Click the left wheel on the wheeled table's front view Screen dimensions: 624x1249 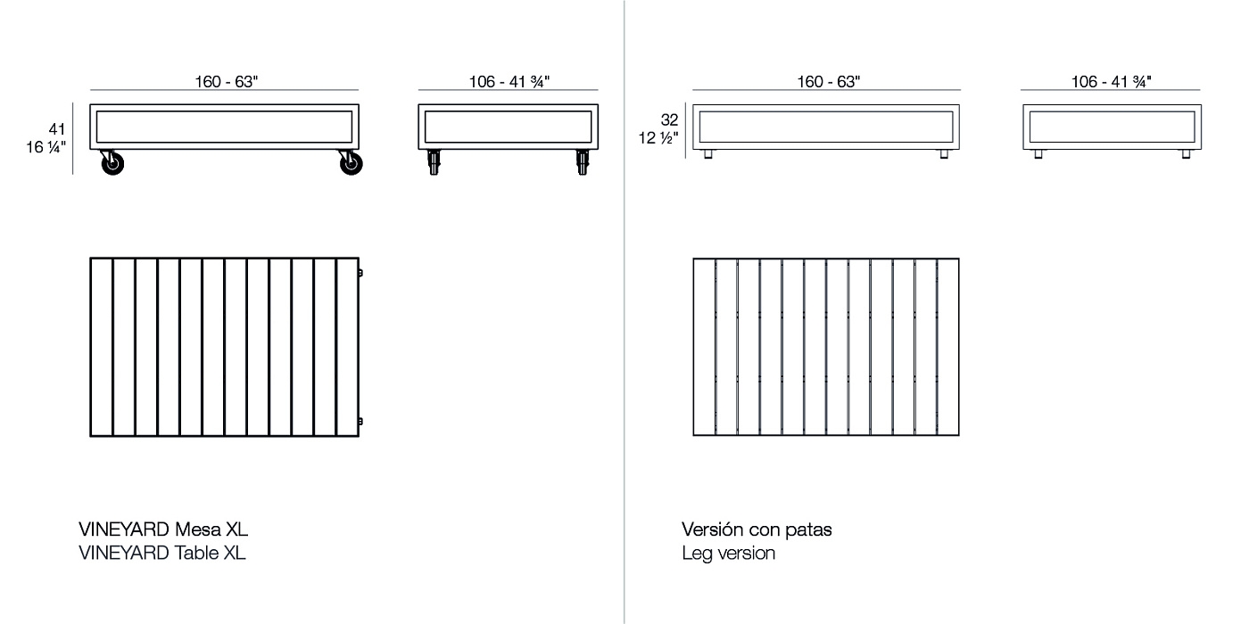tap(111, 164)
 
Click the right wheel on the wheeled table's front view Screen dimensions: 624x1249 tap(350, 164)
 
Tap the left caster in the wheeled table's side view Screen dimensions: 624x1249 tap(434, 163)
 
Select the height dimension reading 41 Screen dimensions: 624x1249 tap(57, 129)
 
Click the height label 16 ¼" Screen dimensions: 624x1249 tap(46, 147)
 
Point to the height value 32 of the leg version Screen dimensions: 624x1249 tap(670, 119)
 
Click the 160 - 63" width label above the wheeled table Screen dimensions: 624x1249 tap(226, 82)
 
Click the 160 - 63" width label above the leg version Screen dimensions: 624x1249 tap(828, 82)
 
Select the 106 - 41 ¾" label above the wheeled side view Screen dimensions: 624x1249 tap(509, 82)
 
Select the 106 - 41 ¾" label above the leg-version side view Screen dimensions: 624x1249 tap(1111, 82)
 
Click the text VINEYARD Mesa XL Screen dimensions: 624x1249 tap(163, 530)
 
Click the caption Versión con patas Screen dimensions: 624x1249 tap(757, 530)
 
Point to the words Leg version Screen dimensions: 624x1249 tap(728, 553)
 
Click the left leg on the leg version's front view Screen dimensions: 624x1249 tap(708, 154)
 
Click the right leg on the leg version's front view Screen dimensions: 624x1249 tap(944, 154)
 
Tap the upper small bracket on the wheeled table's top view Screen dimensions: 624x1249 tap(360, 273)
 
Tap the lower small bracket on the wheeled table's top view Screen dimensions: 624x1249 tap(360, 421)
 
